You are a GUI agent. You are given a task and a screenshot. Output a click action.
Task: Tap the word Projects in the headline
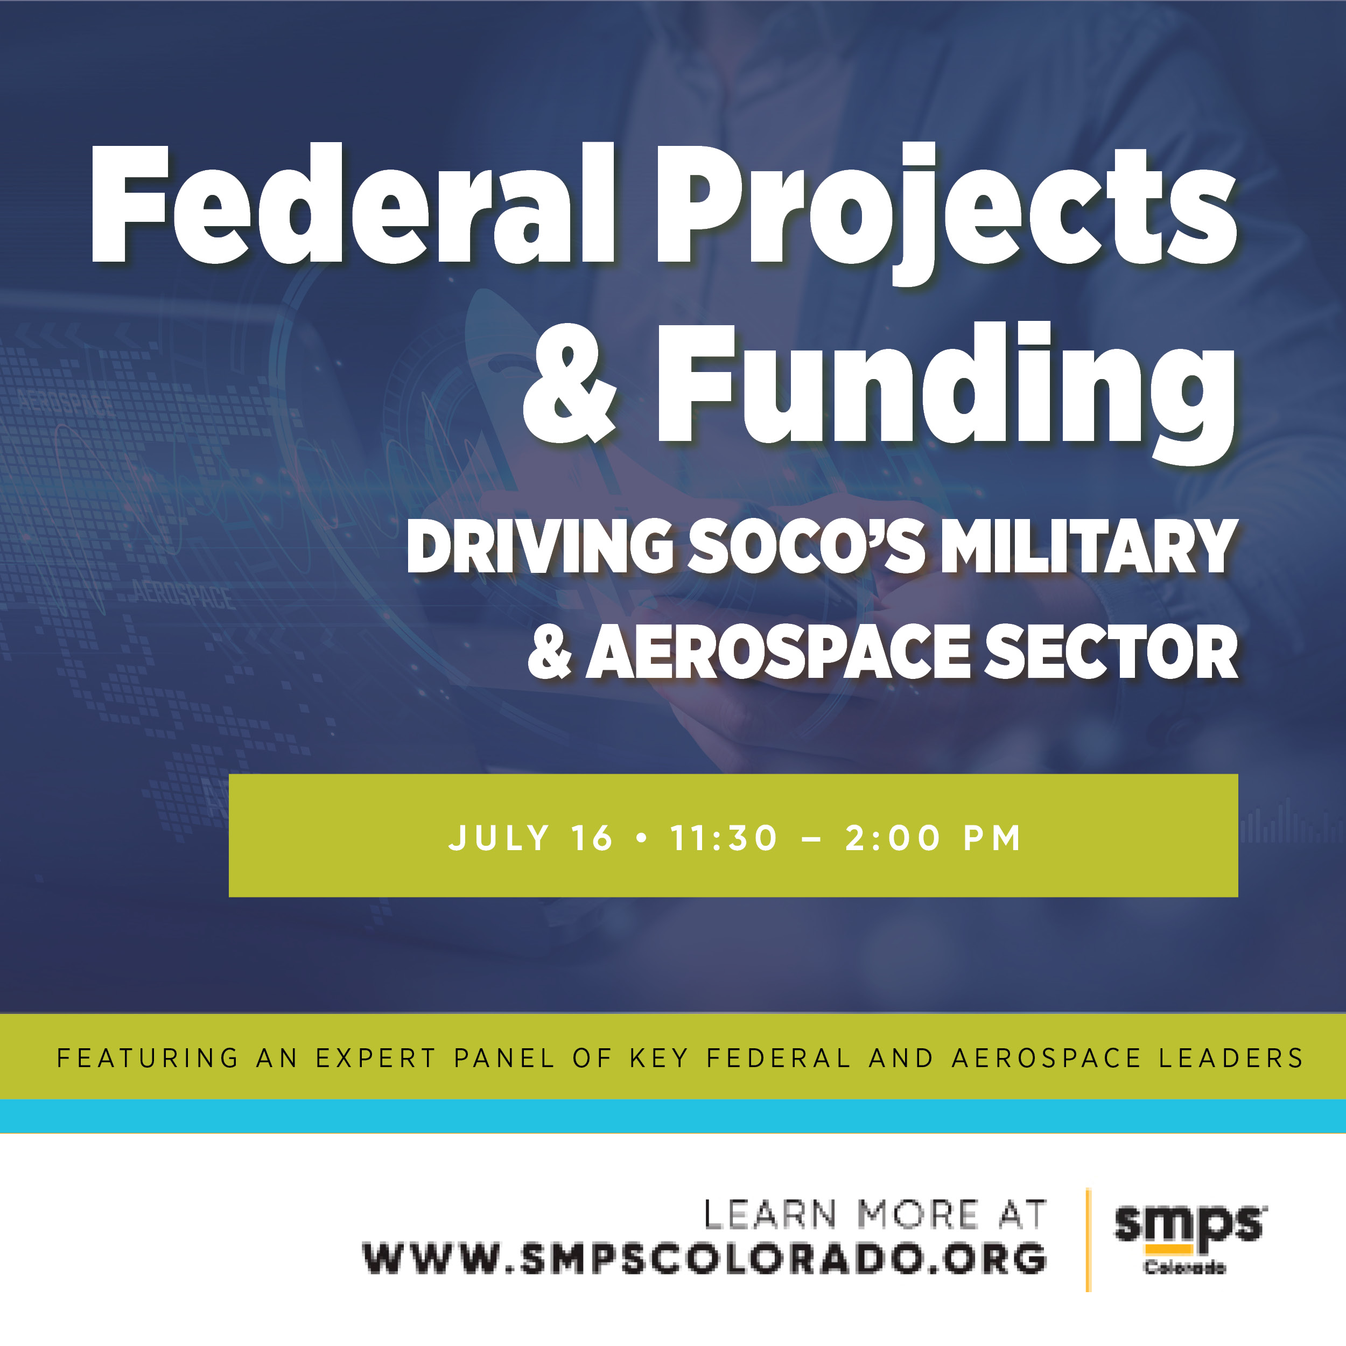click(x=947, y=213)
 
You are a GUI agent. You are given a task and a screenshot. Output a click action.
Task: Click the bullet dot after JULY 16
click(x=642, y=838)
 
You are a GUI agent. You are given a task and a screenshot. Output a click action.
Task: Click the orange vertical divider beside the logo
click(x=1088, y=1240)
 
